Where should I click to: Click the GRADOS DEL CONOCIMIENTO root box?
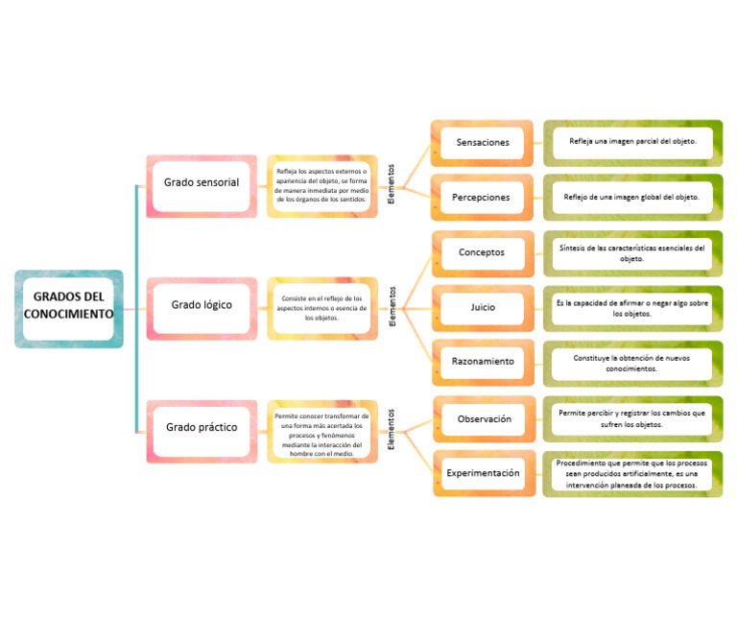(x=68, y=306)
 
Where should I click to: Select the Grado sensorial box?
(x=201, y=182)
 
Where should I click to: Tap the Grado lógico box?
(x=201, y=305)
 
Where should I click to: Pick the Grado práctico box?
(x=201, y=427)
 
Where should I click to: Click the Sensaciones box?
(x=483, y=143)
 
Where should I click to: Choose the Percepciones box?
(x=483, y=198)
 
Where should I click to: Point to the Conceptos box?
(x=483, y=253)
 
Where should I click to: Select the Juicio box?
(x=483, y=308)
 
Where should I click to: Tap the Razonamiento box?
(x=483, y=362)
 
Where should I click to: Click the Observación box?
(x=484, y=419)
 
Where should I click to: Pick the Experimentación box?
(x=484, y=473)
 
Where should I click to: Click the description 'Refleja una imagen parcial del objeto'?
(x=632, y=142)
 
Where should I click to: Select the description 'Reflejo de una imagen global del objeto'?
(x=632, y=198)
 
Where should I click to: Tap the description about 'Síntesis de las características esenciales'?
(x=632, y=253)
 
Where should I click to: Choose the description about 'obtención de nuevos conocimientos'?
(x=632, y=363)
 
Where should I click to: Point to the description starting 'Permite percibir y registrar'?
(x=632, y=418)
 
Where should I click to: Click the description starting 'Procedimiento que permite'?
(x=632, y=474)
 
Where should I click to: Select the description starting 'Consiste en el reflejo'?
(x=322, y=307)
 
